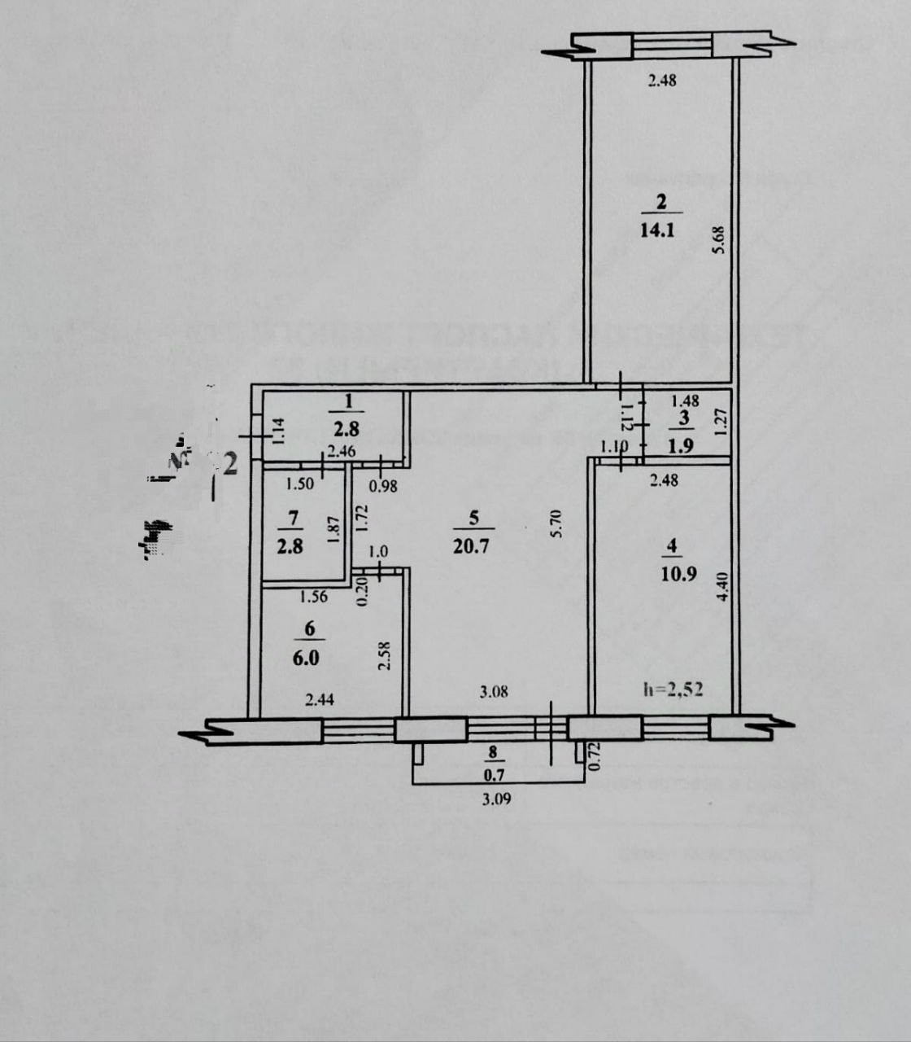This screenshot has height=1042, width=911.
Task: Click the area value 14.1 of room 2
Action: [x=657, y=230]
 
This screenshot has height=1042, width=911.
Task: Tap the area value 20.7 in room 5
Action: [x=472, y=546]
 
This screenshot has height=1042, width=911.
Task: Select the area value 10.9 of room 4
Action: [x=680, y=572]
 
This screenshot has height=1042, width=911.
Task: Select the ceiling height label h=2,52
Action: [x=673, y=690]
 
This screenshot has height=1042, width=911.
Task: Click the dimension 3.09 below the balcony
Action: [x=495, y=799]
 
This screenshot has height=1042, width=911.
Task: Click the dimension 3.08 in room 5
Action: [x=495, y=693]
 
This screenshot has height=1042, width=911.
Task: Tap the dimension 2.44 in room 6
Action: [x=320, y=697]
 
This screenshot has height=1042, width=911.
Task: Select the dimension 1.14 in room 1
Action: [x=277, y=429]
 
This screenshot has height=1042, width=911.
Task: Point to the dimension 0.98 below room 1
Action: [x=383, y=486]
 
